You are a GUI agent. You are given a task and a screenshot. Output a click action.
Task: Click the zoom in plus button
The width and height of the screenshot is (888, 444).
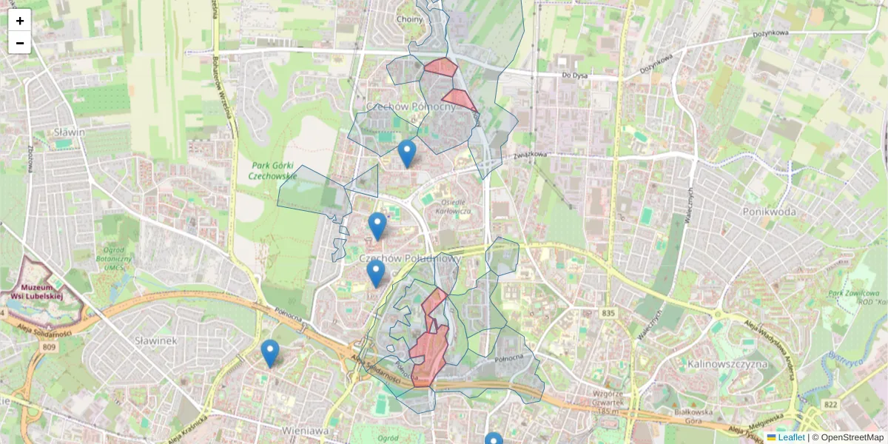[x=20, y=20]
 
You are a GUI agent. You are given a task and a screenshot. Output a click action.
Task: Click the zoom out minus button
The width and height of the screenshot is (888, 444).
[x=20, y=43]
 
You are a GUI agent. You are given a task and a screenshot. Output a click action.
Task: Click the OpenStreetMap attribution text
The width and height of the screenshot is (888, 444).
[x=852, y=437]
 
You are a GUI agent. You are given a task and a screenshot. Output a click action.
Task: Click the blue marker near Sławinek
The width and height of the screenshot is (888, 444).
[x=270, y=354]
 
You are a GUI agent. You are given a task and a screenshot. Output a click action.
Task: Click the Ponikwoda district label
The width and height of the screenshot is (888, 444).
[x=770, y=212]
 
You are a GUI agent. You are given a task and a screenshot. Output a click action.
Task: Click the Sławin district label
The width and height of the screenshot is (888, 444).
[x=70, y=132]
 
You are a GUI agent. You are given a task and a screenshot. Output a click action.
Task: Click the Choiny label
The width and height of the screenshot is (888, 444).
[x=409, y=19]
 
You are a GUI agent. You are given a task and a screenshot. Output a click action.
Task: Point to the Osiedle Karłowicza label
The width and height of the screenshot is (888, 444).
[x=456, y=207]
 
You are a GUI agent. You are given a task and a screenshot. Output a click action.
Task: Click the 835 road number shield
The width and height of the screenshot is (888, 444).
[x=608, y=314]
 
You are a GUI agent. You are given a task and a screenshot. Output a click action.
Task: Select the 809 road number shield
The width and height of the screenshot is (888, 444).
[x=50, y=346]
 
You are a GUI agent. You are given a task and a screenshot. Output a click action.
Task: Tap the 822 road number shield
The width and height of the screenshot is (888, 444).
[x=830, y=404]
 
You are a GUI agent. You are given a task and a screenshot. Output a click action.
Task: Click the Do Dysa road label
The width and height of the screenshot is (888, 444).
[x=574, y=75]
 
